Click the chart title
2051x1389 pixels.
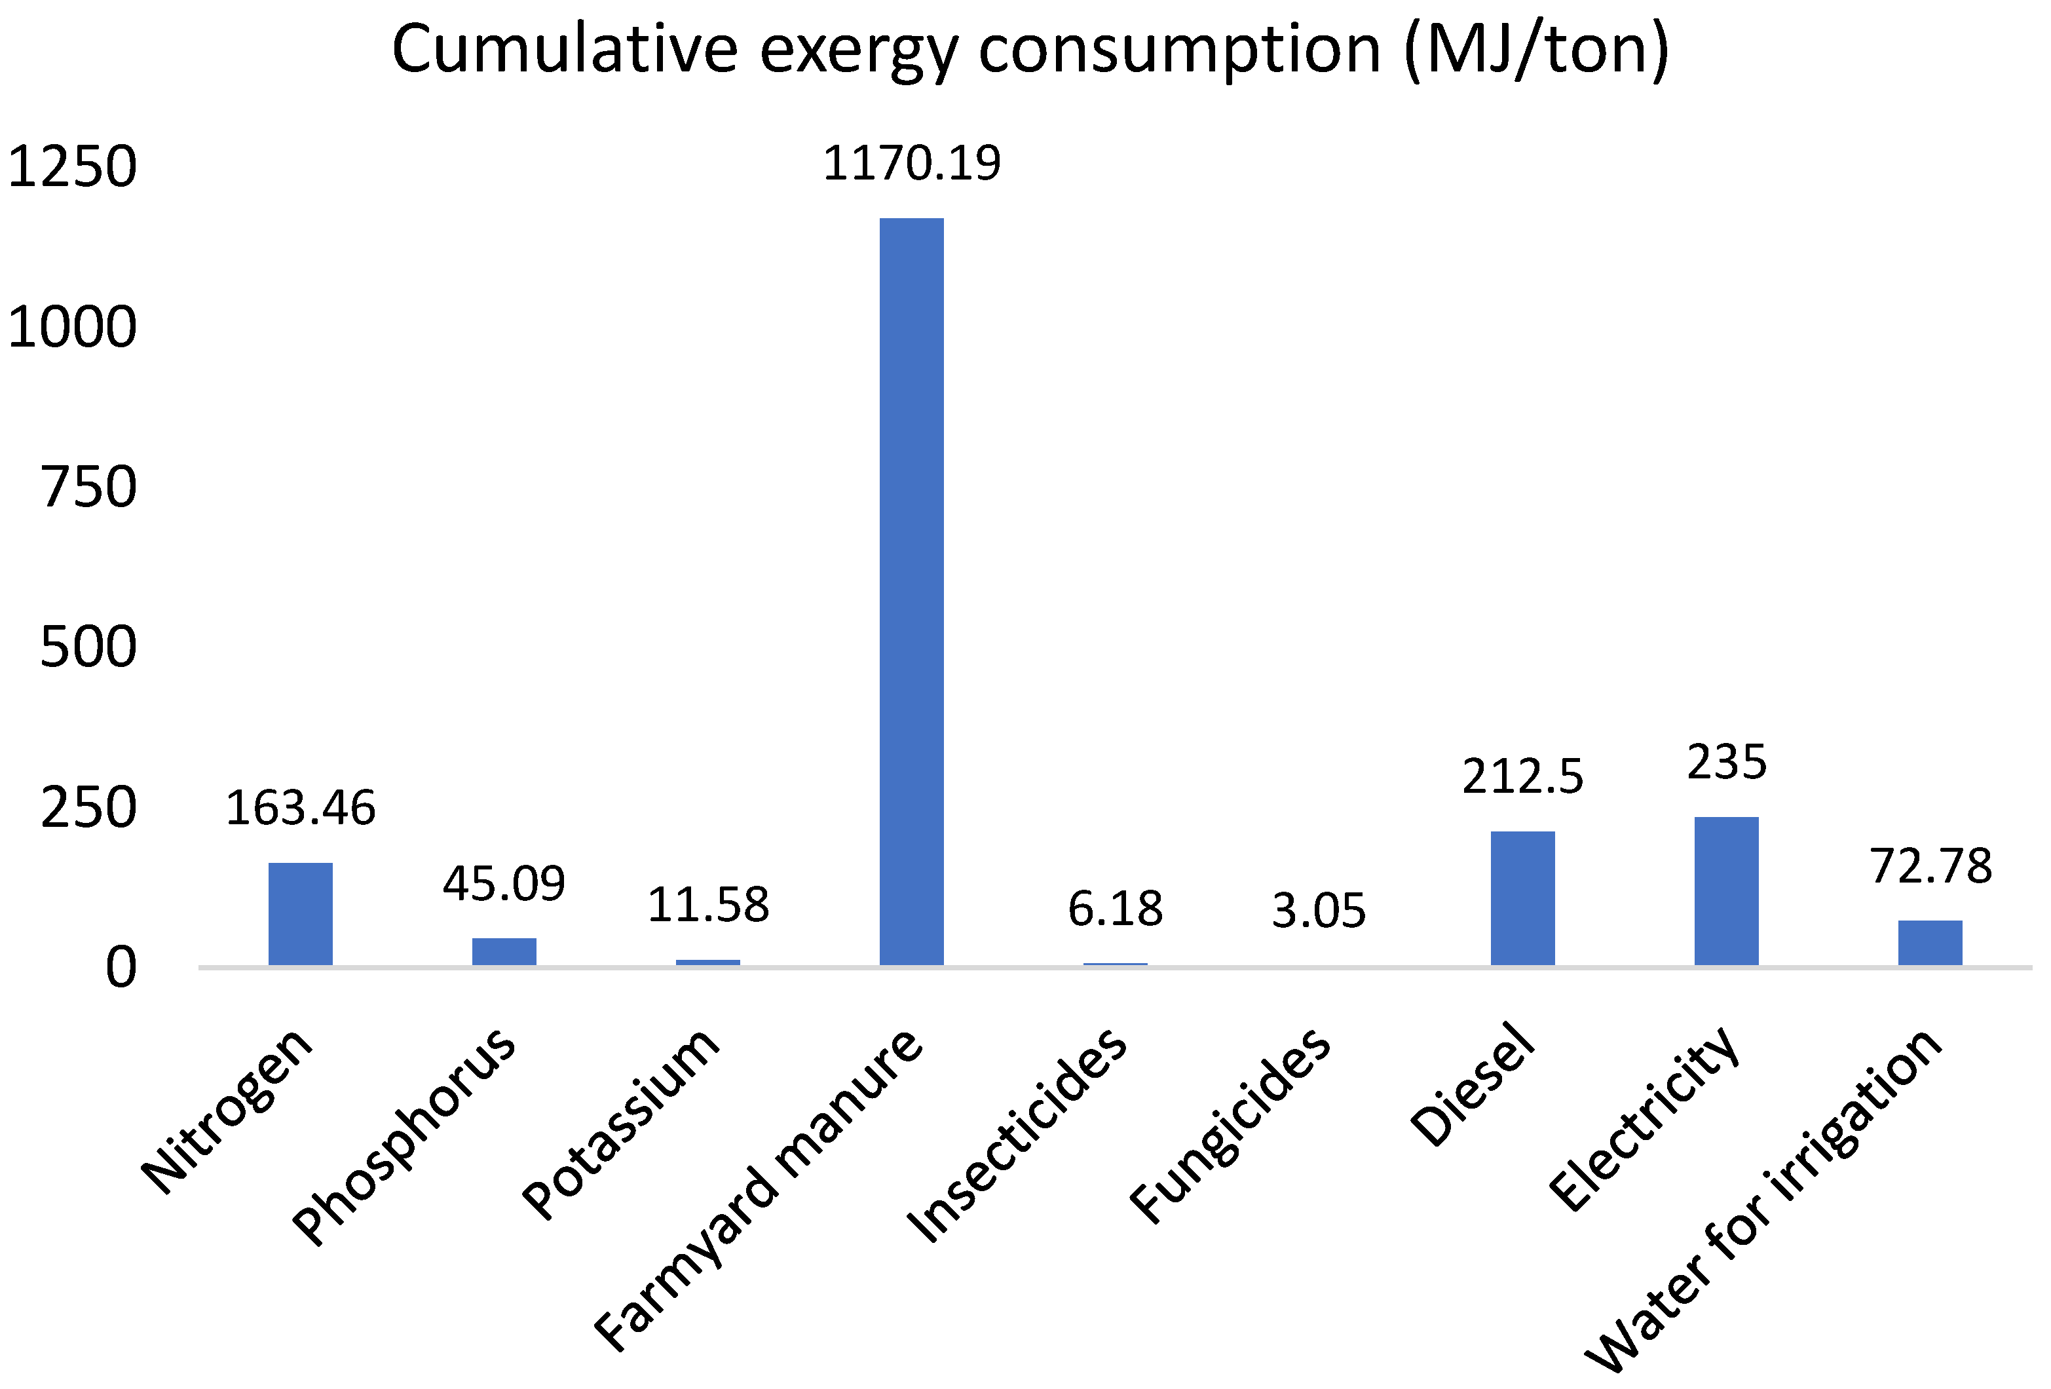coord(1029,50)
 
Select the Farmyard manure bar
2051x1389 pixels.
coord(912,591)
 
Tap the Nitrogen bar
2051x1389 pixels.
coord(300,913)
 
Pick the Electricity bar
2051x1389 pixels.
coord(1726,890)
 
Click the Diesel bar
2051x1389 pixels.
coord(1522,898)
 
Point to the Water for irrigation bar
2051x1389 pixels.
coord(1930,942)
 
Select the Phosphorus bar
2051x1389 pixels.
coord(504,951)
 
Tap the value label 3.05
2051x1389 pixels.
coord(1319,911)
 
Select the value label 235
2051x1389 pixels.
coord(1726,763)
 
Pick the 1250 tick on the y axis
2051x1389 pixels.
coord(72,167)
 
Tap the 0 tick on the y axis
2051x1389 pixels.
coord(121,968)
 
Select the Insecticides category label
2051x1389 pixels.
coord(1017,1135)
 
